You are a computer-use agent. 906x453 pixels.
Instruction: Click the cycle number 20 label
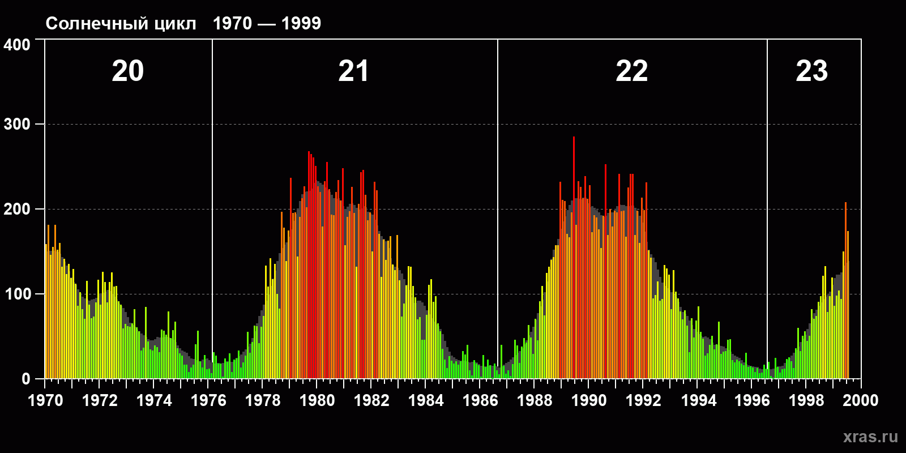click(x=128, y=71)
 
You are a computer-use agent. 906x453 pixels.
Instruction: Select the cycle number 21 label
click(x=353, y=71)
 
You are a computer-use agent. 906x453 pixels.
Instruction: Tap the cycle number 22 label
click(x=631, y=71)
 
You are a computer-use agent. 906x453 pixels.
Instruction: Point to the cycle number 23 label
click(x=811, y=71)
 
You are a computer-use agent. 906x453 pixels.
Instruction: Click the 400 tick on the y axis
click(x=17, y=45)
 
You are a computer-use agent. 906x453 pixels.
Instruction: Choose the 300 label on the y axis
click(x=17, y=125)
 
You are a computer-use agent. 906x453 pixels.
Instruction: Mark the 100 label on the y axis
click(x=17, y=294)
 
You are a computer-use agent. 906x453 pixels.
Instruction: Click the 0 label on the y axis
click(x=25, y=379)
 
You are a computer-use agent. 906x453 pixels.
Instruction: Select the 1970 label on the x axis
click(x=45, y=400)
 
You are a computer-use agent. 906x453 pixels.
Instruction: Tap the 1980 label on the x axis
click(x=317, y=400)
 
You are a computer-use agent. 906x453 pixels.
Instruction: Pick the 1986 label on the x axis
click(x=480, y=400)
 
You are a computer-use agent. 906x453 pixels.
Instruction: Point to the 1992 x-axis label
click(x=643, y=400)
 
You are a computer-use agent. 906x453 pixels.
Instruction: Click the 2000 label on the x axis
click(x=861, y=400)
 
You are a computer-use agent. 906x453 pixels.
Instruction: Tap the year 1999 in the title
click(x=301, y=23)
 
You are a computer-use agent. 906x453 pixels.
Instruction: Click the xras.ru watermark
click(x=870, y=437)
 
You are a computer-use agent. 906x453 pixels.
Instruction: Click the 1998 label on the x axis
click(x=806, y=400)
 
